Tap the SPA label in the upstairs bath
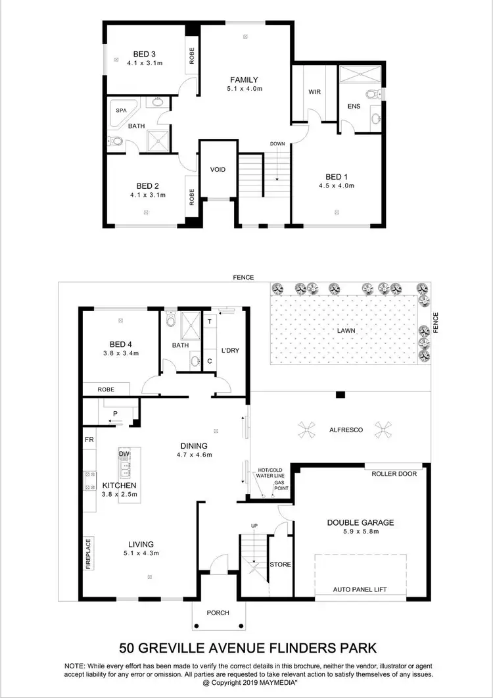click(x=121, y=111)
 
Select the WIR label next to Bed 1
click(x=314, y=91)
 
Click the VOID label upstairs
click(x=218, y=170)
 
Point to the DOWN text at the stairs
click(x=277, y=143)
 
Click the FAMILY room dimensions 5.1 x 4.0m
click(x=243, y=89)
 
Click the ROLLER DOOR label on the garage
click(x=394, y=474)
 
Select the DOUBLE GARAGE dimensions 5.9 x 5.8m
click(x=360, y=532)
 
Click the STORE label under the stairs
click(x=281, y=564)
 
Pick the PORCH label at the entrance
click(x=218, y=613)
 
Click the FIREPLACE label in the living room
click(x=87, y=553)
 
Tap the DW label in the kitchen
click(x=124, y=455)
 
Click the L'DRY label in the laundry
click(x=230, y=351)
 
